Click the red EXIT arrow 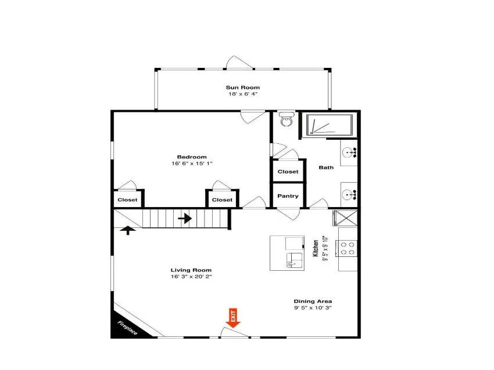pyautogui.click(x=233, y=318)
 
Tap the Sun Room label pyautogui.click(x=242, y=88)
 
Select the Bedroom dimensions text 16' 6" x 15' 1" pyautogui.click(x=192, y=164)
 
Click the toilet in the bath pyautogui.click(x=287, y=119)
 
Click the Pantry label pyautogui.click(x=288, y=196)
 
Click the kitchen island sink pyautogui.click(x=294, y=260)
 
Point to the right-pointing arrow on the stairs pyautogui.click(x=185, y=218)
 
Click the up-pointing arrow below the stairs pyautogui.click(x=128, y=230)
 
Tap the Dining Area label pyautogui.click(x=313, y=301)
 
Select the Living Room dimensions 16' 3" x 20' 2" pyautogui.click(x=191, y=277)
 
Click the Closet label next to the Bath pyautogui.click(x=288, y=172)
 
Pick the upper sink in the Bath pyautogui.click(x=349, y=153)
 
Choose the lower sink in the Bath pyautogui.click(x=349, y=195)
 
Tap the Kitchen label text pyautogui.click(x=316, y=248)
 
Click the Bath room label pyautogui.click(x=326, y=168)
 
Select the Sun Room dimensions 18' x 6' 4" pyautogui.click(x=243, y=94)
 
